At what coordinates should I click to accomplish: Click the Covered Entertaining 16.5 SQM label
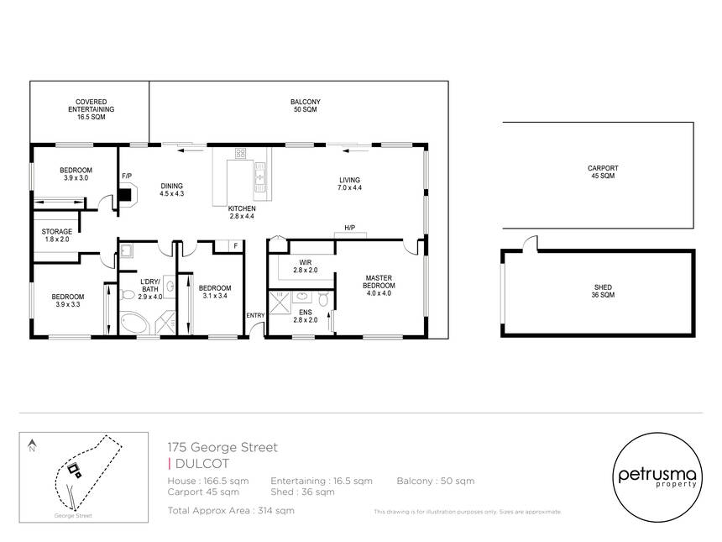[92, 109]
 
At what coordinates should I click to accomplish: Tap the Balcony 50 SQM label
[306, 106]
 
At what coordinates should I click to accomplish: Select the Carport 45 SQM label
[603, 172]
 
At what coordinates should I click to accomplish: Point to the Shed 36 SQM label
[603, 291]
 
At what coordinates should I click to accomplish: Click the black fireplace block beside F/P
[124, 194]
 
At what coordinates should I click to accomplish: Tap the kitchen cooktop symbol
[240, 153]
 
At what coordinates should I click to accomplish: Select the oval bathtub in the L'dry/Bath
[134, 323]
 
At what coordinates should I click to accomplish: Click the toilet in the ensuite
[323, 298]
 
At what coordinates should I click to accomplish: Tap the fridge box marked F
[235, 246]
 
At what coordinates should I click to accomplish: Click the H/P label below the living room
[349, 228]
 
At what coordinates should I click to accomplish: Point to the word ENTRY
[255, 315]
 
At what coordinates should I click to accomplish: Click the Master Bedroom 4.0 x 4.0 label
[379, 286]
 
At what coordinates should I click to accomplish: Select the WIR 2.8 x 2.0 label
[306, 266]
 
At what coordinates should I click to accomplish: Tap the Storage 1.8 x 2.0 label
[57, 235]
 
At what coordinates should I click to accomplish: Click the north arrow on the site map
[32, 445]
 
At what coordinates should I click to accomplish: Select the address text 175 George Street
[222, 447]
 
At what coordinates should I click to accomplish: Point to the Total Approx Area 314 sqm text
[231, 510]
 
